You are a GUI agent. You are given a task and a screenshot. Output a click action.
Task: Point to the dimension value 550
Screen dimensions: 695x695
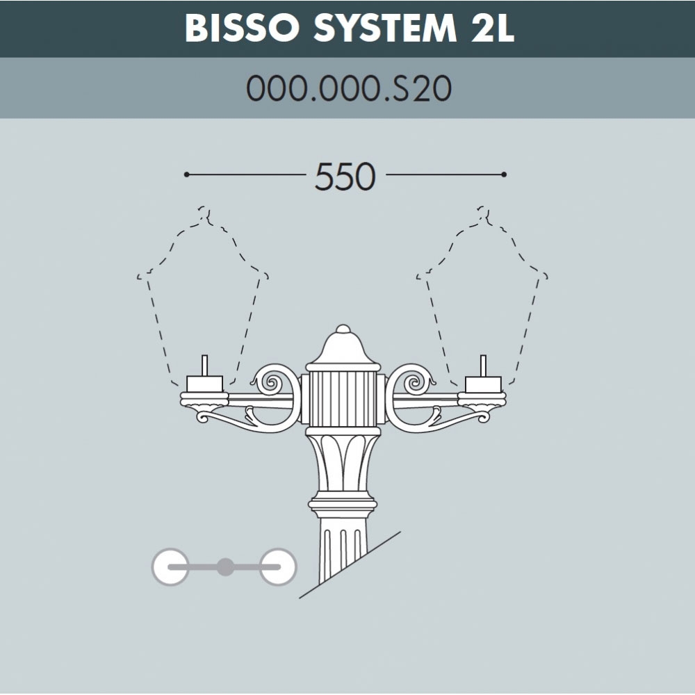(x=345, y=177)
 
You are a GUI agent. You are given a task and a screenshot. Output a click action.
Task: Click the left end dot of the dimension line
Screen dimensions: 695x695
(x=186, y=174)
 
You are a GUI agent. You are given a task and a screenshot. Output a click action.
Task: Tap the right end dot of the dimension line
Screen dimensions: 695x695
(x=504, y=174)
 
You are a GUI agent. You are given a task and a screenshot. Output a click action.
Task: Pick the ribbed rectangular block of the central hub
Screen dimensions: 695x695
(x=342, y=400)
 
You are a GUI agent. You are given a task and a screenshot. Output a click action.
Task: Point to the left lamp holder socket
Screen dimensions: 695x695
(x=204, y=382)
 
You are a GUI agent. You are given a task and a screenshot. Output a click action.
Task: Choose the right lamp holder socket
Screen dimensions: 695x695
(x=484, y=382)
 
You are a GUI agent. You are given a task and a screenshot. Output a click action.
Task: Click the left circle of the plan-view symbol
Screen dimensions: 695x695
(x=170, y=567)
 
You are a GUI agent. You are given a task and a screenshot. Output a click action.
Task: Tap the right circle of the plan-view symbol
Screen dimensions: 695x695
(x=278, y=567)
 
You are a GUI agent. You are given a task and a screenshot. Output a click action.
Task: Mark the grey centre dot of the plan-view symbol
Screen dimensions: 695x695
(x=224, y=567)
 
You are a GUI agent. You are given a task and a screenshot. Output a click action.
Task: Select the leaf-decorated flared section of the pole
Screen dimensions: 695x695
(x=342, y=466)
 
